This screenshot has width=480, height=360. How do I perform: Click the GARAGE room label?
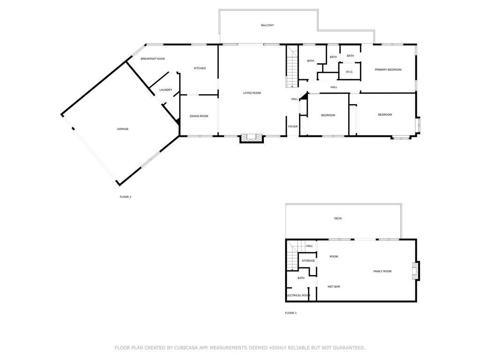[x=123, y=129]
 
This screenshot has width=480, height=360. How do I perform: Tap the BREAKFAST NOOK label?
[x=153, y=59]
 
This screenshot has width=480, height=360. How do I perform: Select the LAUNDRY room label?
[x=165, y=90]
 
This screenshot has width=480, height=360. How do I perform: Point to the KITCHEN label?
[x=200, y=68]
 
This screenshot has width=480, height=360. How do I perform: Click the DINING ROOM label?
[x=199, y=116]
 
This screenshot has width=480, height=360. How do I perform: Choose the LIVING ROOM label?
[x=252, y=93]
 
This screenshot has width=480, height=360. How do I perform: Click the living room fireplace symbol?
[x=252, y=138]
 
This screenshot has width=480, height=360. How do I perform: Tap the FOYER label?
[x=292, y=127]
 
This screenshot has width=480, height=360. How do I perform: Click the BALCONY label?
[x=267, y=25]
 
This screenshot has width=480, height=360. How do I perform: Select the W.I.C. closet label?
[x=349, y=72]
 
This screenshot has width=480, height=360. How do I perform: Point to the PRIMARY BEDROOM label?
[x=388, y=70]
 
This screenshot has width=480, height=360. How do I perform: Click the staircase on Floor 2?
[x=292, y=67]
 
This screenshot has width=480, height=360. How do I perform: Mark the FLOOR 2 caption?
[x=126, y=197]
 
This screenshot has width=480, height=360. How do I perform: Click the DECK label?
[x=338, y=218]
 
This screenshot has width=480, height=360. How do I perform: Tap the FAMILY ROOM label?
[x=382, y=271]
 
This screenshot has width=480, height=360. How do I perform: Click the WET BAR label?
[x=334, y=286]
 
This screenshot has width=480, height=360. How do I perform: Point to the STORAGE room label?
[x=308, y=261]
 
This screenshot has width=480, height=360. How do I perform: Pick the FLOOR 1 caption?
[x=291, y=313]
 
